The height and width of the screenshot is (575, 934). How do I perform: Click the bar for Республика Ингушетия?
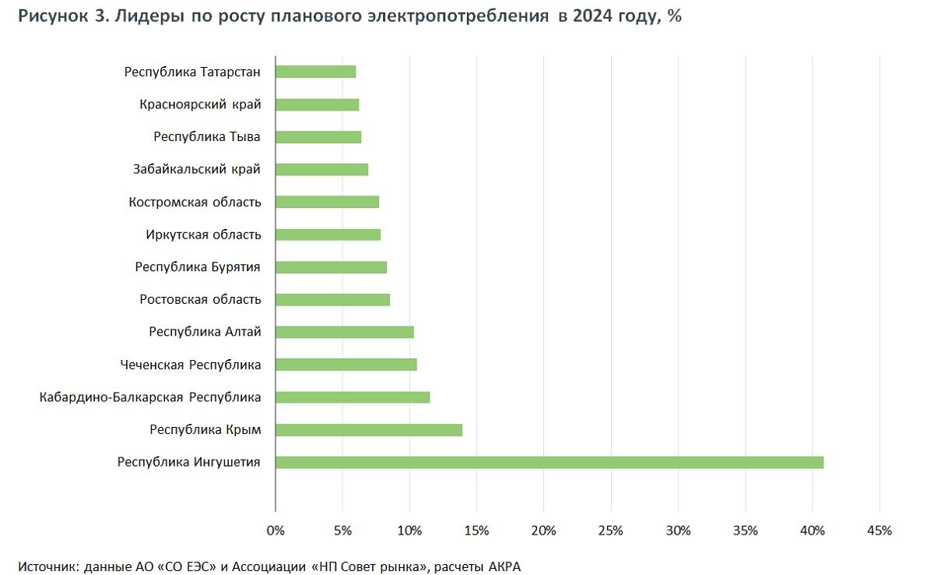(549, 462)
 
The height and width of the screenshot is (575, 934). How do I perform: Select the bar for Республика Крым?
(369, 429)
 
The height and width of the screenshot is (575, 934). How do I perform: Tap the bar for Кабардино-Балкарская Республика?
(353, 397)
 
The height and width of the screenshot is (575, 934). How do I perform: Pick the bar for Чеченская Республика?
(346, 365)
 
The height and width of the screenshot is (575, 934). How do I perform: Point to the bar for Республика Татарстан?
(316, 72)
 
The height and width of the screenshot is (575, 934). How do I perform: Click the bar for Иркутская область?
(328, 235)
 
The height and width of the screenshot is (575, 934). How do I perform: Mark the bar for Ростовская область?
(333, 299)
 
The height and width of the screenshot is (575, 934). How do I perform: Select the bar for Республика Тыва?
(318, 137)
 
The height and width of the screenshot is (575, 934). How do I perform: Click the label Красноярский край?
(200, 104)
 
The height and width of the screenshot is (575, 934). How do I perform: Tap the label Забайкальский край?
(197, 169)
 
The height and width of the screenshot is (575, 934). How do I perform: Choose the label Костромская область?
(195, 202)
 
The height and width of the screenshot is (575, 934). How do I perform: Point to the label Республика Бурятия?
(198, 267)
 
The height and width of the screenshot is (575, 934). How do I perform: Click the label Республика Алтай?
(205, 332)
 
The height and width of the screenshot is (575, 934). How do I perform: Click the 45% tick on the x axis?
(880, 531)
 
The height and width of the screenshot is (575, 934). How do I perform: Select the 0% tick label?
(276, 531)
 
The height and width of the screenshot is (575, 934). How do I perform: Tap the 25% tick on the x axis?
(611, 531)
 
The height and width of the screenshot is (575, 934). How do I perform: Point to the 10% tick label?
(409, 531)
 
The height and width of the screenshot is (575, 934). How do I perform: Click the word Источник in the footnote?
(47, 566)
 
